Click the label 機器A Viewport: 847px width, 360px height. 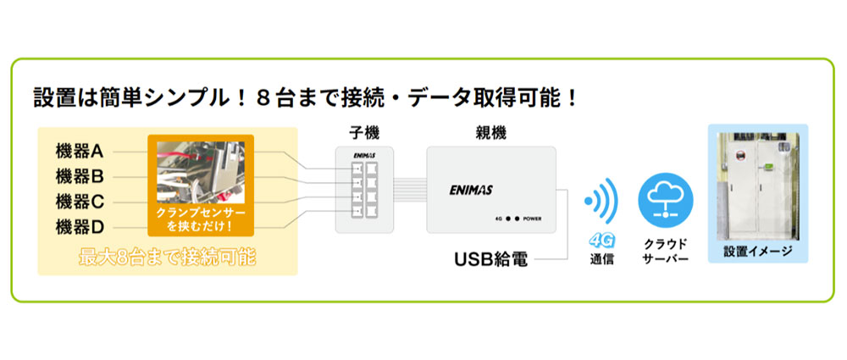coord(80,152)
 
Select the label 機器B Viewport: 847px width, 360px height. coord(80,176)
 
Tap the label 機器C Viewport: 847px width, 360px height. coord(80,202)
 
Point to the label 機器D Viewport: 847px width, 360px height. coord(80,227)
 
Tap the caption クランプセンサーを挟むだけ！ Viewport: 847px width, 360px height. coord(201,219)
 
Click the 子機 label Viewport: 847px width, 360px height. coord(363,132)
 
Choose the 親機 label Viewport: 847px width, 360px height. coord(492,132)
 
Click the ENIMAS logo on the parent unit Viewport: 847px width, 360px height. coord(470,190)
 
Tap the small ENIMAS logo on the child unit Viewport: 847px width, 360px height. coord(363,155)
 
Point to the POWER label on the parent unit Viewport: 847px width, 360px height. coord(532,219)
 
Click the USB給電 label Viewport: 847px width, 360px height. coord(490,260)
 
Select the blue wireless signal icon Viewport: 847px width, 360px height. coord(601,201)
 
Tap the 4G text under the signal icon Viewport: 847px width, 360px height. coord(601,240)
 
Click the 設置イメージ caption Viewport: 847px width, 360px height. coord(758,252)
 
